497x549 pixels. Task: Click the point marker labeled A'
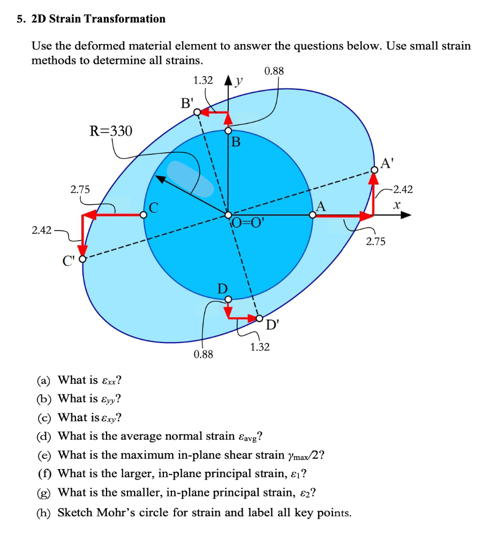tap(373, 171)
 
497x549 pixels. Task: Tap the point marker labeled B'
tap(197, 112)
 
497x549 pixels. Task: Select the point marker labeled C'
tap(82, 259)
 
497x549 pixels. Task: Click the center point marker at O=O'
tap(228, 215)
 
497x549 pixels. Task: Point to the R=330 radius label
tap(110, 131)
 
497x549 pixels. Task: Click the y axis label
tap(239, 80)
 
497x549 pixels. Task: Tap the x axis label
tap(396, 205)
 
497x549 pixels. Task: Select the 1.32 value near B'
tap(203, 80)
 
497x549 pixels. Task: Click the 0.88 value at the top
tap(274, 71)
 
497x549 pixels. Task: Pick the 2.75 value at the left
tap(81, 189)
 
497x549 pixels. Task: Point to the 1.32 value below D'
tap(260, 347)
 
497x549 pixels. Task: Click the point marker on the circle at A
tap(313, 215)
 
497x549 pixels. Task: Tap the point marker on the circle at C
tap(144, 215)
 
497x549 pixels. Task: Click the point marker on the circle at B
tap(228, 130)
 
